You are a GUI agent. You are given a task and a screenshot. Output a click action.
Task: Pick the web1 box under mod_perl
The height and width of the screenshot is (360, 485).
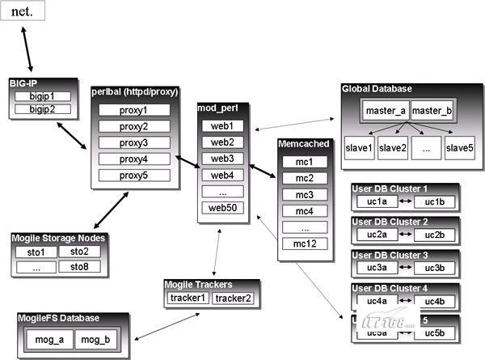tap(222, 126)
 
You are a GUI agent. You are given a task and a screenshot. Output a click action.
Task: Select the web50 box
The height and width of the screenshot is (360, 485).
tap(222, 208)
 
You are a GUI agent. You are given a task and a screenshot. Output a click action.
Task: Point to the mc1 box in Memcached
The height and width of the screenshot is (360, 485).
tap(305, 162)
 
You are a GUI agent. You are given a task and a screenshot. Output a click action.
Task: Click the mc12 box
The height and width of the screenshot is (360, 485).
tap(305, 244)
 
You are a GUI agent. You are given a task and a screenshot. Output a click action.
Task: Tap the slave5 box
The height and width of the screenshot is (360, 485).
tap(459, 147)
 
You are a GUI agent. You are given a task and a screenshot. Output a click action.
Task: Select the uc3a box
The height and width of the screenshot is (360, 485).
tap(377, 267)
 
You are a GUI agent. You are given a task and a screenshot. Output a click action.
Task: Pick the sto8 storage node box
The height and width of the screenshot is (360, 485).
tap(79, 266)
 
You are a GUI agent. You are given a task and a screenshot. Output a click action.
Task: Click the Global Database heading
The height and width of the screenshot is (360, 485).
tap(377, 88)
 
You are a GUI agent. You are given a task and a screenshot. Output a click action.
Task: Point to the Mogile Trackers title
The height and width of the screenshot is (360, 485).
tap(198, 285)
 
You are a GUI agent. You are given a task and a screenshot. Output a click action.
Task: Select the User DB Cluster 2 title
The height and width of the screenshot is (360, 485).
tap(390, 221)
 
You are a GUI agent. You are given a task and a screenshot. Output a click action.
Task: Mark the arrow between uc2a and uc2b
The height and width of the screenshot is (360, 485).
tap(407, 235)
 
